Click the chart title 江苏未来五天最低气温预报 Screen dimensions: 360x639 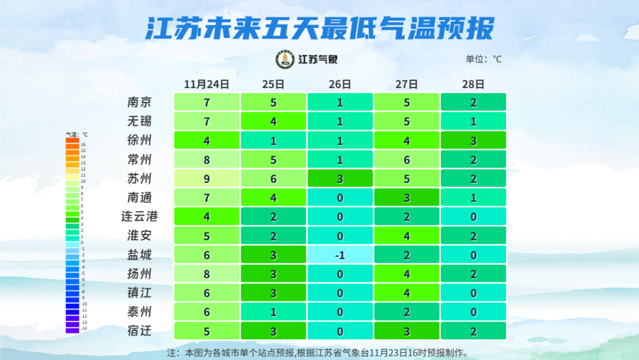[x=319, y=28]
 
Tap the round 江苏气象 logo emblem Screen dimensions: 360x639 [x=285, y=59]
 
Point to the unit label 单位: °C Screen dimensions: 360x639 [x=483, y=59]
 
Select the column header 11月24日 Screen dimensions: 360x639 [x=206, y=84]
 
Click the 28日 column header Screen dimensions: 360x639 [x=473, y=84]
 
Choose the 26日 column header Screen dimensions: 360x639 [x=340, y=84]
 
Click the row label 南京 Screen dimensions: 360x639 [x=140, y=102]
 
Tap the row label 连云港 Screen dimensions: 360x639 [x=140, y=217]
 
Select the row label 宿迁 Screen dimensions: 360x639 [x=140, y=330]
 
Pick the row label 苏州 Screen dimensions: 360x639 [x=140, y=178]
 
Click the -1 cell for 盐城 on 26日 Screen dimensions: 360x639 [x=340, y=255]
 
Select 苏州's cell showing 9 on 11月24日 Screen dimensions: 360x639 [x=206, y=178]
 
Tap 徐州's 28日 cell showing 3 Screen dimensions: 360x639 [x=473, y=140]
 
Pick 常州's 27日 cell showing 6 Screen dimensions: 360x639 [x=406, y=159]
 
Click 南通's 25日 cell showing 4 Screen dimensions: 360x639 [x=273, y=198]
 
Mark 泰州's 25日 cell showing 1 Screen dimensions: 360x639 [x=273, y=311]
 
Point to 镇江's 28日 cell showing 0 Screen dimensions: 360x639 [x=473, y=292]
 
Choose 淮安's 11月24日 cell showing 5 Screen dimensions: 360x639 [x=206, y=236]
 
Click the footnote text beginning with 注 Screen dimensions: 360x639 [x=319, y=353]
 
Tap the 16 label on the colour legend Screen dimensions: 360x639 [x=83, y=144]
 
